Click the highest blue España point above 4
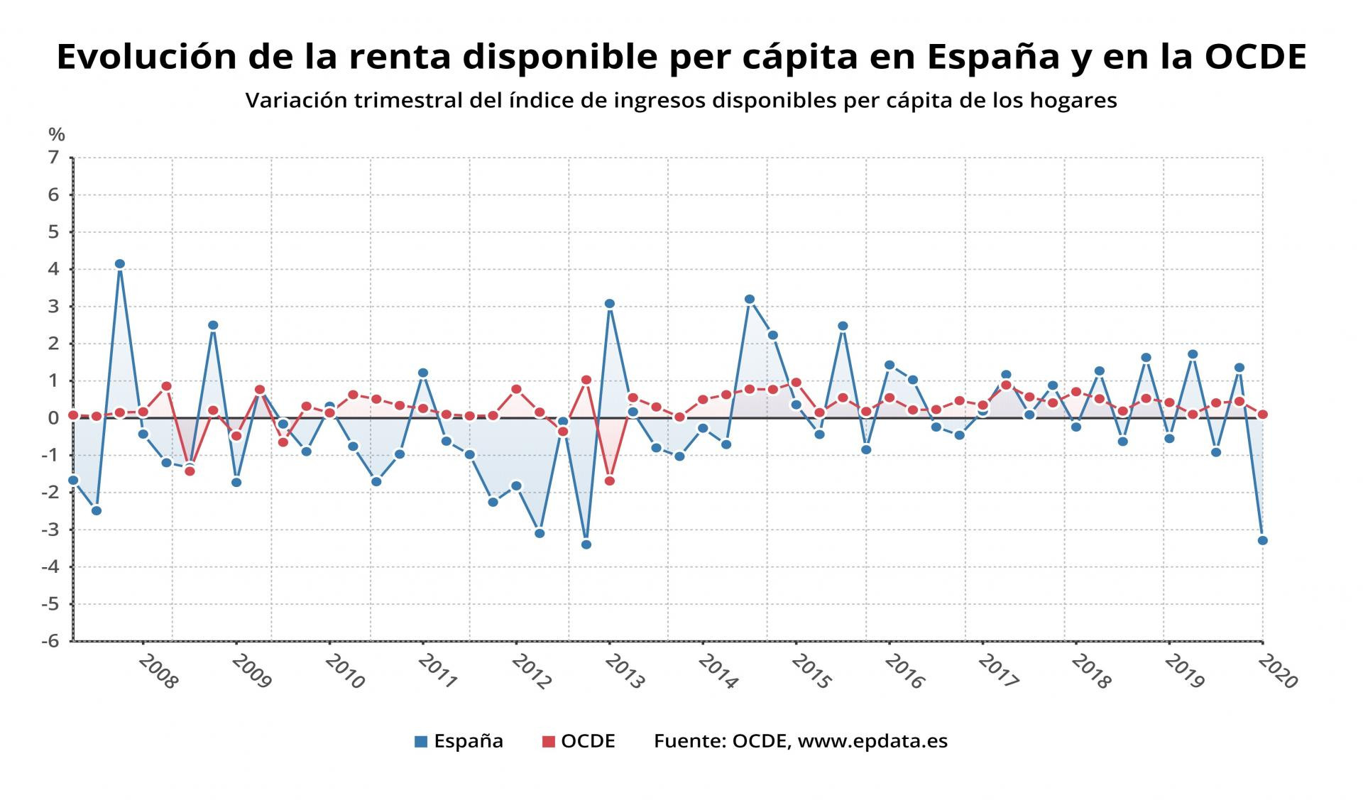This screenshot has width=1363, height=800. (x=119, y=264)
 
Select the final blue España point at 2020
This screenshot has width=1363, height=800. (x=1262, y=540)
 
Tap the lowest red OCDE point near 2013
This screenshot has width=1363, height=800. (x=609, y=481)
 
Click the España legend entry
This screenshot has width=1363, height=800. (x=459, y=741)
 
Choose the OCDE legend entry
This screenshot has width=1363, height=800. (x=579, y=741)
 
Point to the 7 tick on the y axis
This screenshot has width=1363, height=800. (x=53, y=158)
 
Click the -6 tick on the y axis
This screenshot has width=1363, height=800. (x=50, y=641)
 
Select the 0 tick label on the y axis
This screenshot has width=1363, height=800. (x=53, y=418)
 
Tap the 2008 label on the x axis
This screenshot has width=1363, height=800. (x=158, y=672)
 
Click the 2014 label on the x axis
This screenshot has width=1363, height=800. (x=718, y=672)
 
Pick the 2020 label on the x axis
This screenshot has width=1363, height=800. (x=1278, y=672)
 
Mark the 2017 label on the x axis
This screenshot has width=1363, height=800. (x=998, y=672)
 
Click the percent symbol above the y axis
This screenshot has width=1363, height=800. (x=57, y=134)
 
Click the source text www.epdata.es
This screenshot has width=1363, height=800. (x=872, y=741)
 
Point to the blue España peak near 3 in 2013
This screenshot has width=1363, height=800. (x=609, y=304)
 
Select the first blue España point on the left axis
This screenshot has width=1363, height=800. (x=73, y=481)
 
